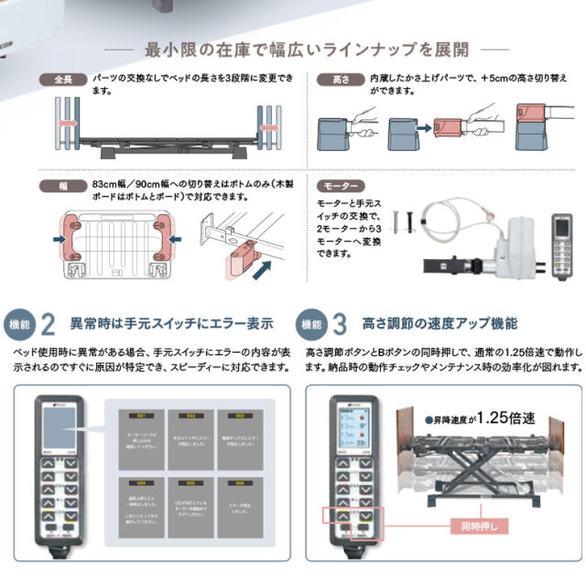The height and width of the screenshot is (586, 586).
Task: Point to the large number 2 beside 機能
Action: click(x=49, y=324)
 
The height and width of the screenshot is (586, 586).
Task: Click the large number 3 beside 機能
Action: click(x=339, y=324)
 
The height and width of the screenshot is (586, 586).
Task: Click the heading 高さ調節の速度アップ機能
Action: click(x=440, y=324)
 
